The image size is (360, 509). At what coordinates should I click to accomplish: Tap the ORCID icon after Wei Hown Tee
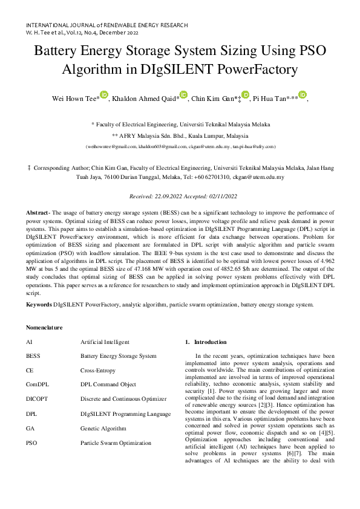pos(104,94)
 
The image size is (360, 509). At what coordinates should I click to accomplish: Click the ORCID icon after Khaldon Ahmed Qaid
pos(184,95)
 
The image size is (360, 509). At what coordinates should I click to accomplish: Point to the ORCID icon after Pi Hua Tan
pos(303,95)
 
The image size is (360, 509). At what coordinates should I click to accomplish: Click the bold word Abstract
pos(38,214)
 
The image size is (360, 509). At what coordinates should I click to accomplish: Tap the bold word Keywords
pos(39,304)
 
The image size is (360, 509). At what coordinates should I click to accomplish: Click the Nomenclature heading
pos(44,327)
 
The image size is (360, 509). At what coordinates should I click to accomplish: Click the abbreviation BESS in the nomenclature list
pos(33,356)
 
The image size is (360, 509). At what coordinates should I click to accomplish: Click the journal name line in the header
pos(106,25)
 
